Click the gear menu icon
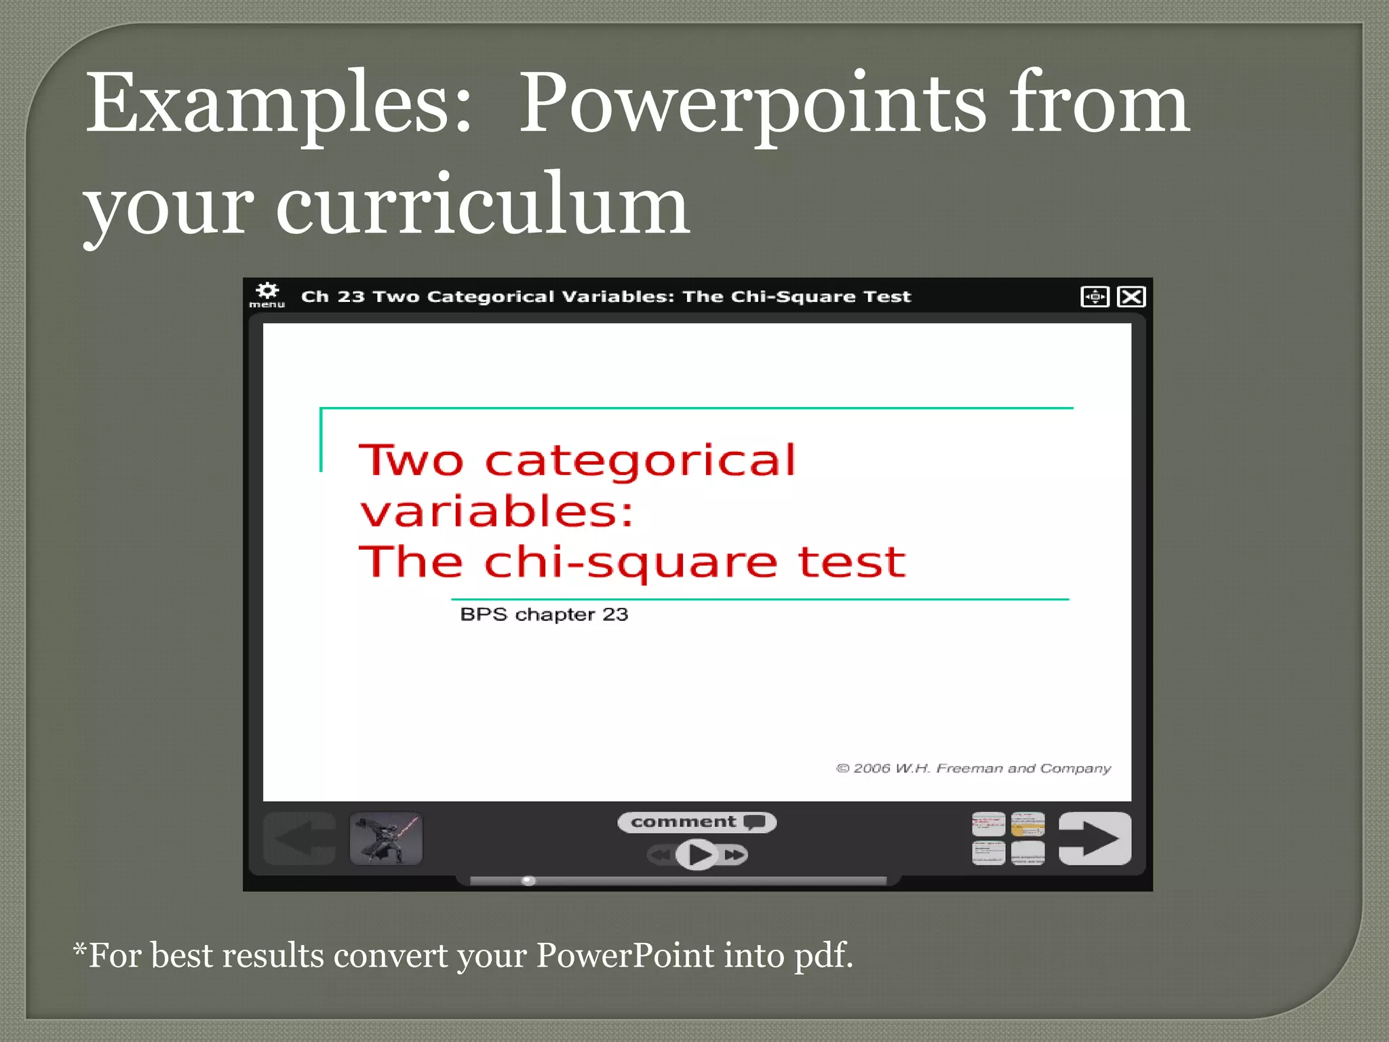click(267, 293)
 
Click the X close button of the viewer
click(1131, 296)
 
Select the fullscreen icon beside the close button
click(1095, 296)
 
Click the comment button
click(697, 822)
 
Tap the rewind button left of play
click(660, 855)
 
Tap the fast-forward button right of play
click(734, 855)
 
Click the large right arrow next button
click(1094, 838)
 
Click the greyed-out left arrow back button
click(299, 838)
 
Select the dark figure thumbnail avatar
click(386, 838)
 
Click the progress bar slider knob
click(528, 881)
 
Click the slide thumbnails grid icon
click(1008, 838)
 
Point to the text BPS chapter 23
click(544, 615)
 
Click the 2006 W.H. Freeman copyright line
click(973, 768)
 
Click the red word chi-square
click(630, 563)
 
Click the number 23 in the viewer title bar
click(351, 296)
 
